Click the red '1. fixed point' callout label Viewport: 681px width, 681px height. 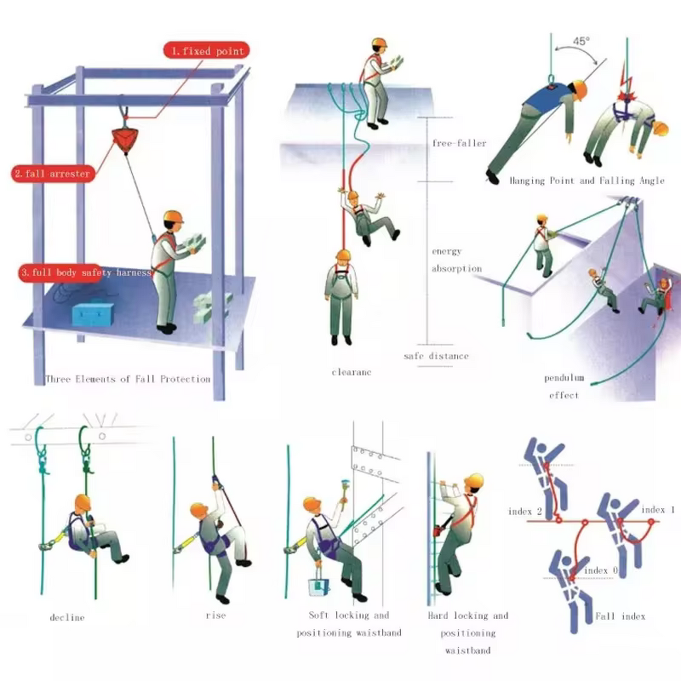tap(207, 51)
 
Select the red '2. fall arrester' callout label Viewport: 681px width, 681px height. tap(51, 174)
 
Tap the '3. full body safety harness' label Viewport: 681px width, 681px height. tap(84, 273)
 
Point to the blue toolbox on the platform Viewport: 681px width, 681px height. tap(93, 314)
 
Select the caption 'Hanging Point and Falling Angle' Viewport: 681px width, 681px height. tap(587, 180)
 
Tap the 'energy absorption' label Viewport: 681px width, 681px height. tap(457, 260)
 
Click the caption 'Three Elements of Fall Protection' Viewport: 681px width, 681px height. tap(128, 379)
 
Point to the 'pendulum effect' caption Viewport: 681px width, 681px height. tap(564, 386)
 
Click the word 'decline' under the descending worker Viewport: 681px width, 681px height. tap(67, 617)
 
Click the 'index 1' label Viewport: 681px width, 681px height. tap(658, 510)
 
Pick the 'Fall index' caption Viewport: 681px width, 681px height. tap(620, 615)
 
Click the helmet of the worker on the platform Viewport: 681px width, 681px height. tap(174, 216)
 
